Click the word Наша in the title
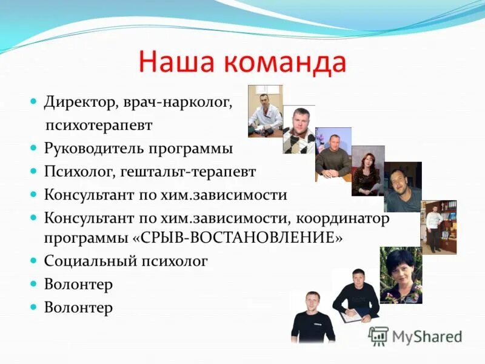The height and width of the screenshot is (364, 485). (x=175, y=63)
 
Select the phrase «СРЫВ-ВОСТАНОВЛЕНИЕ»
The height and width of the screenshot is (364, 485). (x=238, y=238)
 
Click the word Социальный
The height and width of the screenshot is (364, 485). (x=87, y=261)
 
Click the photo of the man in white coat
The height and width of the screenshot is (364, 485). (x=265, y=110)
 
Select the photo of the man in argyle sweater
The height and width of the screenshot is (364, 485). (x=298, y=129)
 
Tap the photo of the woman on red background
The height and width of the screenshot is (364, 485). (x=367, y=170)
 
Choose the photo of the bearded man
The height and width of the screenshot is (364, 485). (x=402, y=187)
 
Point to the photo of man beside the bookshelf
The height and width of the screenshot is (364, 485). (x=438, y=227)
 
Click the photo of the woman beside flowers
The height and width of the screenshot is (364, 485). (x=401, y=275)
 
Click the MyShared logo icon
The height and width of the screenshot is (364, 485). (x=378, y=336)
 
